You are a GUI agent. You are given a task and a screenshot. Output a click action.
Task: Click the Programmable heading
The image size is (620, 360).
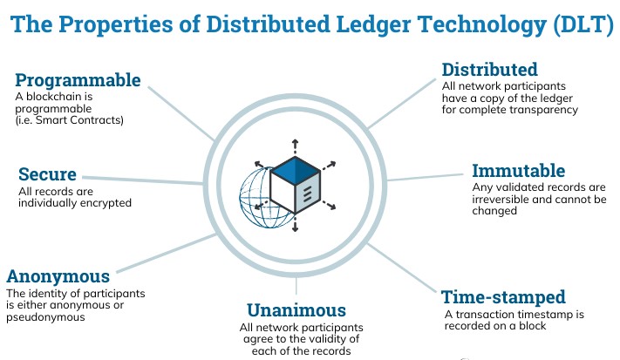tap(78, 80)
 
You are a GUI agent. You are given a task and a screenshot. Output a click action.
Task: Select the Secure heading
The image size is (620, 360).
tap(47, 173)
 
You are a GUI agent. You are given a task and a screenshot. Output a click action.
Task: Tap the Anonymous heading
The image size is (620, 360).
tap(58, 276)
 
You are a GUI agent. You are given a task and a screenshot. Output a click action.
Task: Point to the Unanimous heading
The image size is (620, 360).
tap(296, 310)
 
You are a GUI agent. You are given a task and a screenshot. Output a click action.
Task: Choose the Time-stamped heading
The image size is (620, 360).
tap(503, 296)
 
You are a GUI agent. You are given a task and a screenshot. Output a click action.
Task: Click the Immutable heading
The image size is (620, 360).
tap(518, 171)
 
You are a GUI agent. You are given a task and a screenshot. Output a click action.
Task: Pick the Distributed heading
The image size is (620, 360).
tap(490, 70)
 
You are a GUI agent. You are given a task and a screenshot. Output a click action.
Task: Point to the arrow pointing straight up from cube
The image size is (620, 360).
tap(295, 146)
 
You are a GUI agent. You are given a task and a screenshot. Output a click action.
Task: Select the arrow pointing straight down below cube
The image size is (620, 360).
tap(295, 224)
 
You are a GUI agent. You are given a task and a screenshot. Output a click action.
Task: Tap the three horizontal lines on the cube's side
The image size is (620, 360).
tap(307, 194)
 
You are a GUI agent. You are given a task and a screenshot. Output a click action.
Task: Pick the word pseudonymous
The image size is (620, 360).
tap(45, 317)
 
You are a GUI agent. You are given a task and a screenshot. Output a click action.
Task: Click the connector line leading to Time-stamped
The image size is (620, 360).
tap(402, 268)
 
